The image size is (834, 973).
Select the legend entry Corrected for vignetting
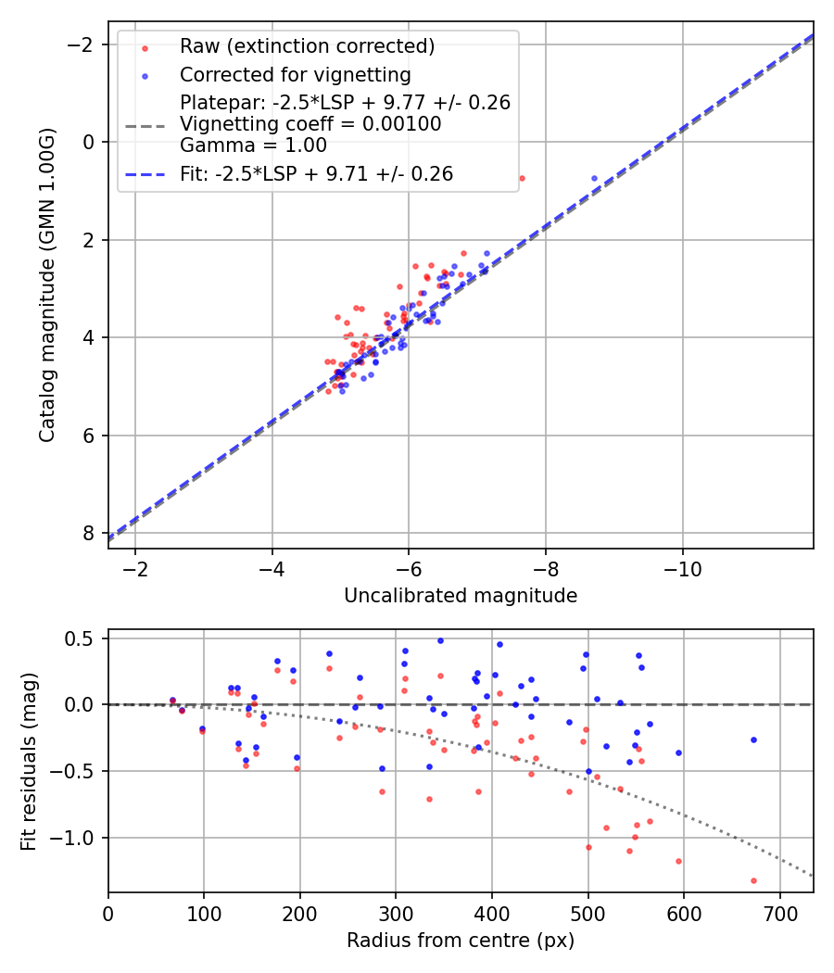point(295,74)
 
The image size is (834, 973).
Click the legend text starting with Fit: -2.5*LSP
point(316,173)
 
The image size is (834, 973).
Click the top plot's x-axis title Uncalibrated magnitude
point(461,596)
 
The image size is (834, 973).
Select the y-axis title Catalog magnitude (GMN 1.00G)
point(48,284)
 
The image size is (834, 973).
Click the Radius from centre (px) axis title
point(461,941)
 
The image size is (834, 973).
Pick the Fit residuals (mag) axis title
point(29,760)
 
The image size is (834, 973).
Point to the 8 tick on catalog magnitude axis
point(89,533)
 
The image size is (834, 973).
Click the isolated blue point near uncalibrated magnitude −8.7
point(594,178)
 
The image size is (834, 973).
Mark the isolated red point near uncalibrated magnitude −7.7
point(522,178)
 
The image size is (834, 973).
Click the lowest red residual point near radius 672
point(753,880)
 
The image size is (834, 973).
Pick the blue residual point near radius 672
point(753,739)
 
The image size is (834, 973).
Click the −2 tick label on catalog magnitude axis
point(83,44)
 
